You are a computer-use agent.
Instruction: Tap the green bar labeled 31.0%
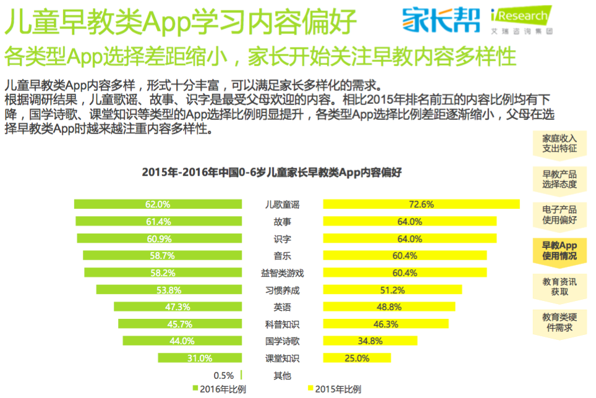tap(199, 358)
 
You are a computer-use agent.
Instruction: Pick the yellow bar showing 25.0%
tap(357, 358)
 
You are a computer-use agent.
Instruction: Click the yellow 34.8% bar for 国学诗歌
tap(370, 341)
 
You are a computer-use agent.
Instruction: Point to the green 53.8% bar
tap(169, 290)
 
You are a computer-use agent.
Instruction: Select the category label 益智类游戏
tap(282, 273)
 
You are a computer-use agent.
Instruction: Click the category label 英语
tap(282, 307)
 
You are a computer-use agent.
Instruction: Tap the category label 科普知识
tap(282, 324)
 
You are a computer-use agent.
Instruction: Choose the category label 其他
tap(282, 375)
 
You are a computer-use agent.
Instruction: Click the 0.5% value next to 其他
tap(223, 375)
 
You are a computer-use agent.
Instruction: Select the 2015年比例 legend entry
tap(334, 389)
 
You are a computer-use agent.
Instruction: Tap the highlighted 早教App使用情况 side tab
tap(560, 250)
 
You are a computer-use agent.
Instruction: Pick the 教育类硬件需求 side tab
tap(560, 322)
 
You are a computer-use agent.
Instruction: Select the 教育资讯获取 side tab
tap(560, 286)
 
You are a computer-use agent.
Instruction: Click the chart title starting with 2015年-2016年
tap(271, 172)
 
